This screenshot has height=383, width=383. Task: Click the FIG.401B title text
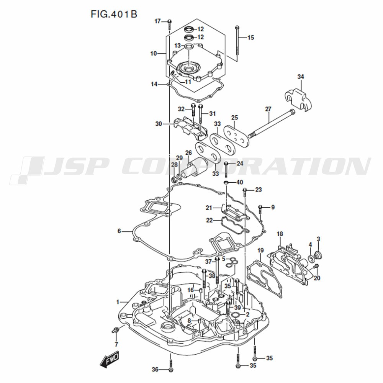coord(114,14)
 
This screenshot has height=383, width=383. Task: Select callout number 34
coord(300,77)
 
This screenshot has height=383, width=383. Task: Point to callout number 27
coord(268,109)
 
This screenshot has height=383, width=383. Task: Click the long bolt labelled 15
coord(237,44)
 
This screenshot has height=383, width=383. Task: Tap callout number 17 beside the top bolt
coord(157,21)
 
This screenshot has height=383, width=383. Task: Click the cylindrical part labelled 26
coord(198,168)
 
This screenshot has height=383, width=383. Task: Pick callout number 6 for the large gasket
coord(119,231)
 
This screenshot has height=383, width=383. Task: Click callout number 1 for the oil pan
coord(118,302)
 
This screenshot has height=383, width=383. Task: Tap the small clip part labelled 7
coord(115,330)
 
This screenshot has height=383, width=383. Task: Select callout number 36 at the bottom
coord(155,370)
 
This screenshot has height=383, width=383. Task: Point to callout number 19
coord(260,250)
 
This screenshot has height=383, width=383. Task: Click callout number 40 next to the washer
coord(240,182)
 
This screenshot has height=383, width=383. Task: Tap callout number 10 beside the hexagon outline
coord(154,53)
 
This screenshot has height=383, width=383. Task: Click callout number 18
coord(280,234)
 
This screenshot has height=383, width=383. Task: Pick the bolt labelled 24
coord(226,170)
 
